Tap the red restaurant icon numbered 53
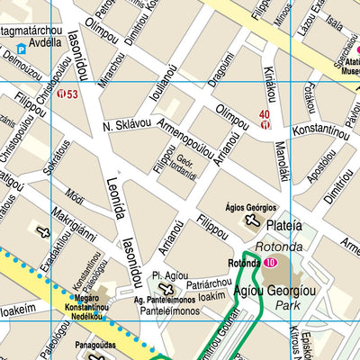point(61,94)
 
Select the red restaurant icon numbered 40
point(265,125)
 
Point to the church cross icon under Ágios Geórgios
point(252,221)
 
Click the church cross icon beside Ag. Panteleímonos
point(163,288)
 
